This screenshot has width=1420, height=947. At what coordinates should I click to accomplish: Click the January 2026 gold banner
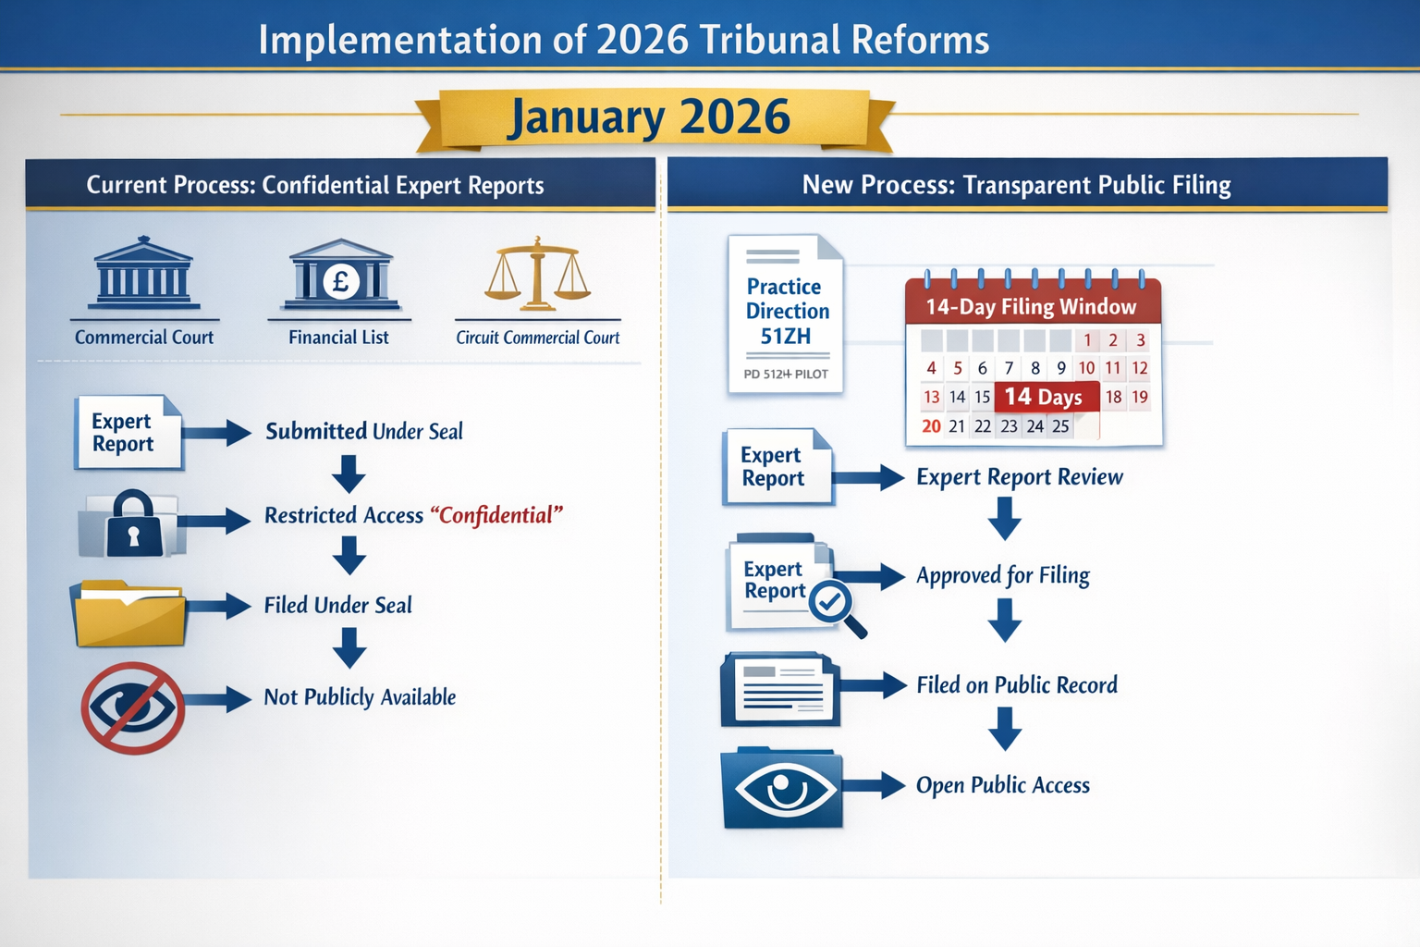tap(651, 118)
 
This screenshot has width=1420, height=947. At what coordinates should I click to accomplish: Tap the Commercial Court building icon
tap(143, 273)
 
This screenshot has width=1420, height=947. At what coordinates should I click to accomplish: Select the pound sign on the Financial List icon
tap(340, 280)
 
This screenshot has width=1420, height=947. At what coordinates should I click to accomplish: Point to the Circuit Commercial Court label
tap(537, 338)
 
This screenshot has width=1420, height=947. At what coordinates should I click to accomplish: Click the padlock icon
tap(134, 524)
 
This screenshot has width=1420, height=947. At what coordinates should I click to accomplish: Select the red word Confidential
tap(496, 515)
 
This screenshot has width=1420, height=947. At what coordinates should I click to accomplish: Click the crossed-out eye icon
tap(132, 707)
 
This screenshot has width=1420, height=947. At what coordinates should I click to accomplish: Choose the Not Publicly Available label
tap(360, 697)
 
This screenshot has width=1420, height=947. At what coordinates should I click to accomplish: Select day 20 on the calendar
tap(931, 426)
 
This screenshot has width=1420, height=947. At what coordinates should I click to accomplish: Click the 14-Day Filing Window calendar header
tap(1031, 306)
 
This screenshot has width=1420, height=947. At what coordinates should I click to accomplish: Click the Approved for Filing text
tap(1003, 575)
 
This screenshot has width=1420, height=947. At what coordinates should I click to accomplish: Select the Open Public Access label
tap(1003, 785)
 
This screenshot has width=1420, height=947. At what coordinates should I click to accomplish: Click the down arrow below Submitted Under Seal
tap(349, 473)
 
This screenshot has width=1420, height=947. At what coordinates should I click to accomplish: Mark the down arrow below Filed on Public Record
tap(1005, 729)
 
